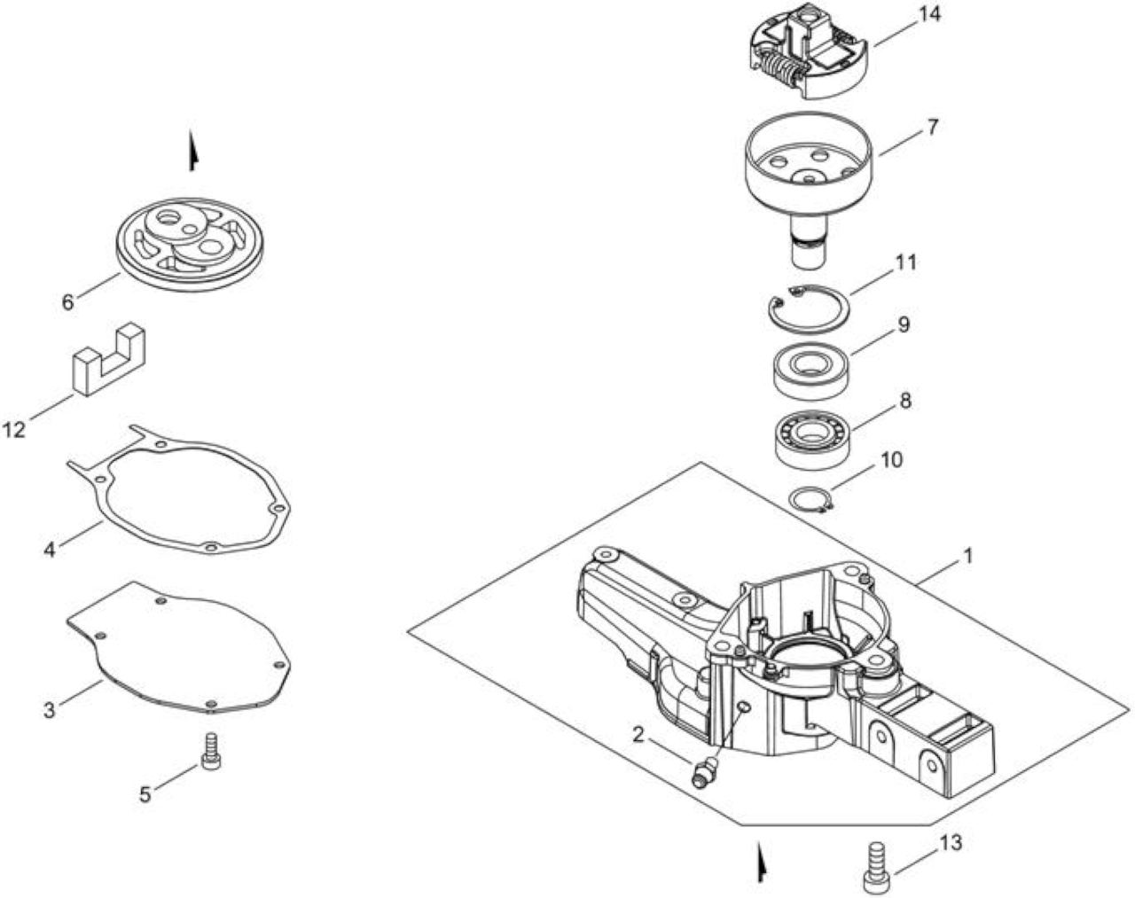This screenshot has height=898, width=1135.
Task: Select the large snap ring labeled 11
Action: [x=809, y=308]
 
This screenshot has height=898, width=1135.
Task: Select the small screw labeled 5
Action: [x=211, y=752]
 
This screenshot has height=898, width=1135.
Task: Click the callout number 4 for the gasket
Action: [x=50, y=550]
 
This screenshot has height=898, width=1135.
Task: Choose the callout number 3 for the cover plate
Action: [x=50, y=710]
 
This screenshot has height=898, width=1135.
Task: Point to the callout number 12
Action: [x=14, y=430]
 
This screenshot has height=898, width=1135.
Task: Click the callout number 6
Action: [x=68, y=303]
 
